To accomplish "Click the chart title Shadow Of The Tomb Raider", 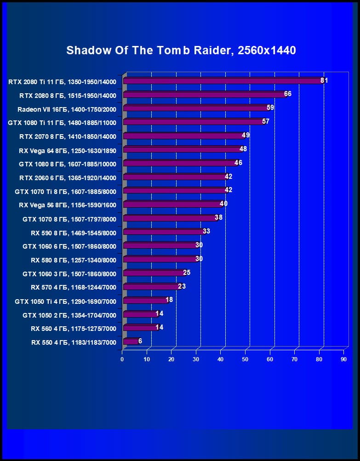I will pyautogui.click(x=181, y=50).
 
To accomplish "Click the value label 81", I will pyautogui.click(x=324, y=80).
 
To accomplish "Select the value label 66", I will pyautogui.click(x=288, y=94).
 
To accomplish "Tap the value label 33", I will pyautogui.click(x=206, y=231).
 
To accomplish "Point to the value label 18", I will pyautogui.click(x=169, y=300).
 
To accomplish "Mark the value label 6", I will pyautogui.click(x=140, y=341).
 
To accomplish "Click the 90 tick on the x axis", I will pyautogui.click(x=343, y=359).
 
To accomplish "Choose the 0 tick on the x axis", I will pyautogui.click(x=122, y=359).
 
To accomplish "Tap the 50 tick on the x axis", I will pyautogui.click(x=245, y=359).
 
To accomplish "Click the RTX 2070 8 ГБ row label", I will pyautogui.click(x=68, y=137).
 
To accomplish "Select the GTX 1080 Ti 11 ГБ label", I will pyautogui.click(x=62, y=123).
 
